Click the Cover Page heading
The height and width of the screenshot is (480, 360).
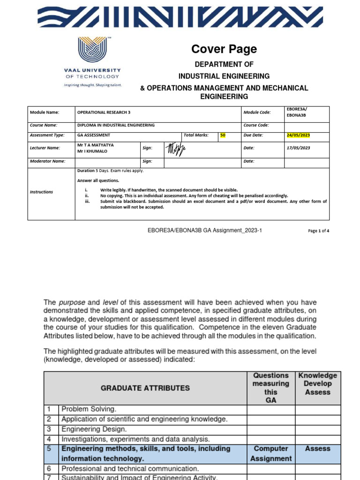click(x=224, y=49)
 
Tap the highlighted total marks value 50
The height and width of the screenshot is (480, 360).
click(x=223, y=135)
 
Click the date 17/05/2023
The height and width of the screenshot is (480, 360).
click(x=298, y=148)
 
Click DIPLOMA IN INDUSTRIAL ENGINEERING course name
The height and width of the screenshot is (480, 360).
click(x=116, y=125)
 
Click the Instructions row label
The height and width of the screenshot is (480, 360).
click(x=41, y=192)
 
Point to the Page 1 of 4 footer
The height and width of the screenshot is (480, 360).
click(x=318, y=231)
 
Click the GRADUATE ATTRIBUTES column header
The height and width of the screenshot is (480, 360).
click(x=145, y=388)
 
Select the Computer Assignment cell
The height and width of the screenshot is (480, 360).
click(x=270, y=453)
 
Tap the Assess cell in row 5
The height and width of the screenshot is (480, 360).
click(x=317, y=449)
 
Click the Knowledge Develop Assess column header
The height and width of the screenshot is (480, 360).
click(x=317, y=383)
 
